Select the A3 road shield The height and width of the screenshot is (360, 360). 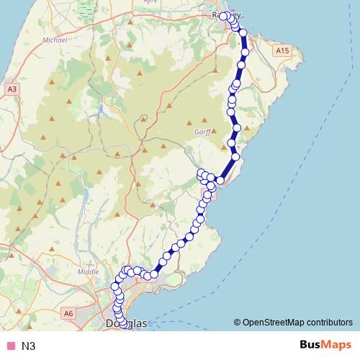point(12,89)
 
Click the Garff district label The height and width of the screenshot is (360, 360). point(202,132)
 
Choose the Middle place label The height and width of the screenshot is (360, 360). point(87,271)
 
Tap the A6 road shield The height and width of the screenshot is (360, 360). point(68,313)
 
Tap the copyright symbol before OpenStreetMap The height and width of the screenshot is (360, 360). point(238,322)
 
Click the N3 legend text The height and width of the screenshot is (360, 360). point(29,346)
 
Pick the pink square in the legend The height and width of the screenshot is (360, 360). point(10,346)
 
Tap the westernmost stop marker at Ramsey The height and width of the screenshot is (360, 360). point(223,16)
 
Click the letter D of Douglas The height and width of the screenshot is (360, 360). point(109,324)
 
